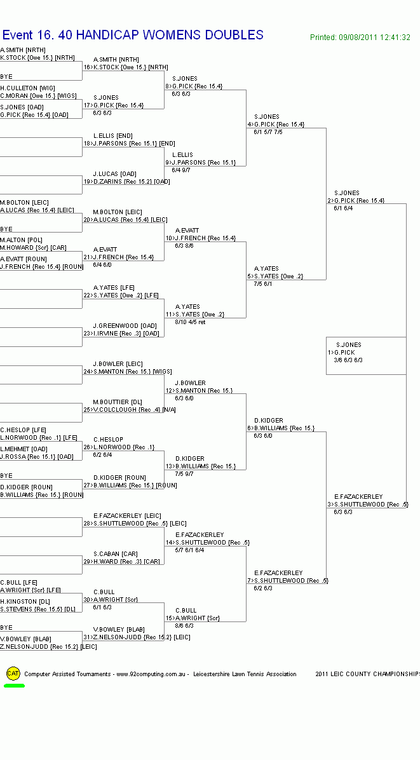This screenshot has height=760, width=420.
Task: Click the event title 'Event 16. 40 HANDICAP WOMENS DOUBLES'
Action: [x=133, y=35]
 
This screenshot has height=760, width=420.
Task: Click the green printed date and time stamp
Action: [x=360, y=37]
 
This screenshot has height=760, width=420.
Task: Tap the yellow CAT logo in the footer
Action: [x=13, y=674]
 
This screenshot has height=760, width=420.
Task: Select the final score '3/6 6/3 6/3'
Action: [x=348, y=360]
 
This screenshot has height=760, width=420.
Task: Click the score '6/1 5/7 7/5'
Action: [x=268, y=132]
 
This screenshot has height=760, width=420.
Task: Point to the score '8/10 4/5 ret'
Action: [x=190, y=322]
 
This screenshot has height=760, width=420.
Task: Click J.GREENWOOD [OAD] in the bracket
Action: [x=125, y=326]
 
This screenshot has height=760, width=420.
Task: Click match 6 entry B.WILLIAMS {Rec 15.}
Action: [x=284, y=428]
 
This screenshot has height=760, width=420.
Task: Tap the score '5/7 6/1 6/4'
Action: [x=190, y=550]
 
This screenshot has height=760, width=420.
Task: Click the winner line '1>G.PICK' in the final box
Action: [x=342, y=352]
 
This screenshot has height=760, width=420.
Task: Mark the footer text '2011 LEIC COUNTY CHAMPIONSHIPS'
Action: [x=367, y=674]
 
